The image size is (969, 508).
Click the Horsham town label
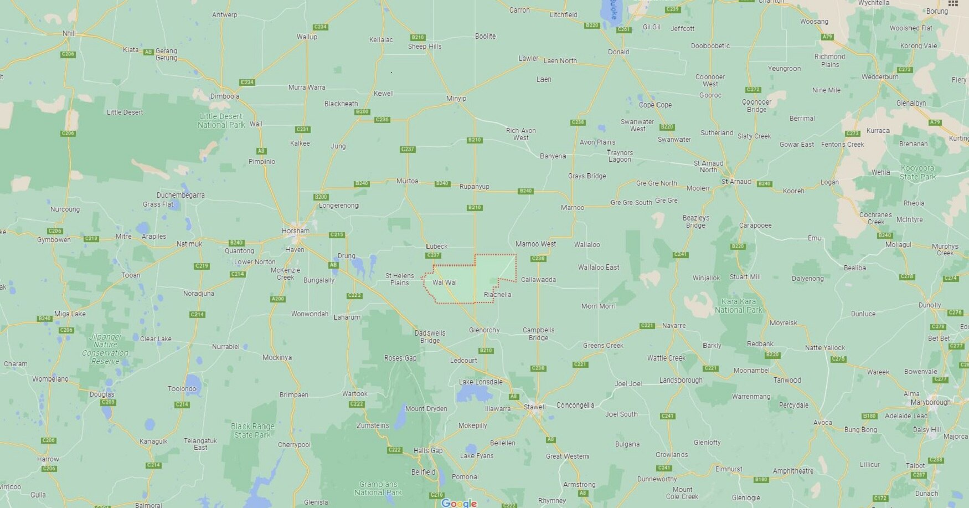295,230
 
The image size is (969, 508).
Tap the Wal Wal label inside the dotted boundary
444,283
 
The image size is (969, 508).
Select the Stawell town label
534,407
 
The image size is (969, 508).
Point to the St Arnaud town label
736,181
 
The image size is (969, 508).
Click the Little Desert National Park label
221,121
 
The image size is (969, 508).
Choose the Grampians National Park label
378,488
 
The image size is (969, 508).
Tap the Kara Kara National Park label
738,306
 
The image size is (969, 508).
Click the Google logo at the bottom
459,502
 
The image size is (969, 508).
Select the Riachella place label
497,295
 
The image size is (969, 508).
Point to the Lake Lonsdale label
481,382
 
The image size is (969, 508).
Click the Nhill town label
69,33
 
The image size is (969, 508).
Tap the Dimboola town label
225,96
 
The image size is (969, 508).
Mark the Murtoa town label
407,181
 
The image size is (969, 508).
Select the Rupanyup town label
475,187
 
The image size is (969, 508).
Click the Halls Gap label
428,450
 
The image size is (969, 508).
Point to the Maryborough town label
930,402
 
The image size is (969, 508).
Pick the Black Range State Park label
252,430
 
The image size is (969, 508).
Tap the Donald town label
618,52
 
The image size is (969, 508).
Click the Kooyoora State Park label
917,172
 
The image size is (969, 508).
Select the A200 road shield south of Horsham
277,299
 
